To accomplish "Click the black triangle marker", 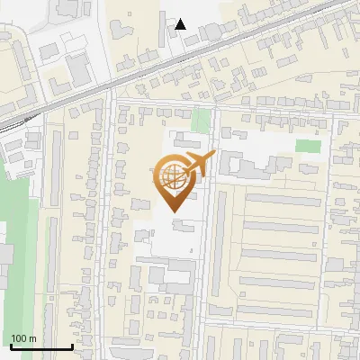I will (181, 23).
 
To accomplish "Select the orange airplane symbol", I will (198, 163).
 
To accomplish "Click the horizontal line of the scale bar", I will (41, 347).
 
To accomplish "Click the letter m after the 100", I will (32, 338).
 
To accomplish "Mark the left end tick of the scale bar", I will (11, 346).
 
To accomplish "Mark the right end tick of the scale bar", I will (72, 346).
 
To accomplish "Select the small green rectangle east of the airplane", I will (309, 146).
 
